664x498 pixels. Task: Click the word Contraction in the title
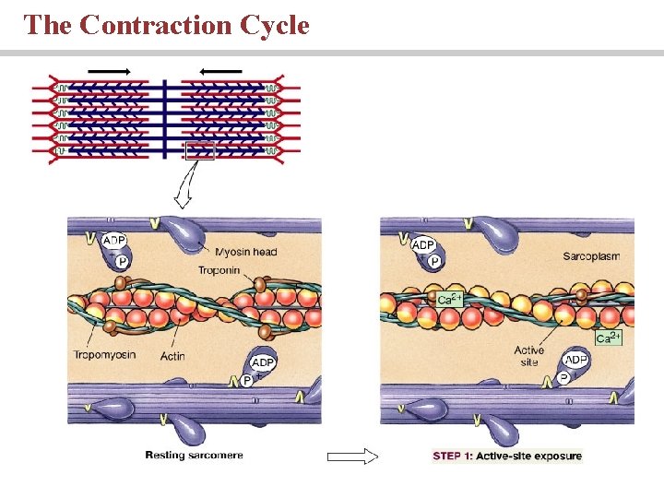pos(156,25)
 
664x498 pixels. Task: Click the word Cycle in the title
pos(274,25)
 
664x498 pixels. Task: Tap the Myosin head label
pos(245,252)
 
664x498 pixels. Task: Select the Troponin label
pos(219,270)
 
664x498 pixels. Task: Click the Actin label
pos(172,356)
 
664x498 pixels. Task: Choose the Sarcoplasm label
pos(591,255)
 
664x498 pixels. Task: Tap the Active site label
pos(529,356)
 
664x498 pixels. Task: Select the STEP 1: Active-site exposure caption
pos(507,456)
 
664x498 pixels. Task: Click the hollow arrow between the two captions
pos(353,456)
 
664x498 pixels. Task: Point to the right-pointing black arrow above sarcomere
pos(108,70)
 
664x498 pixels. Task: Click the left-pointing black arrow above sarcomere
pos(220,70)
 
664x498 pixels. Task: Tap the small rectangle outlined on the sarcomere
pos(200,150)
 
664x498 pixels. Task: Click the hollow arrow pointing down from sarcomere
pos(182,191)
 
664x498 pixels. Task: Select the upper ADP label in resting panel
pos(113,241)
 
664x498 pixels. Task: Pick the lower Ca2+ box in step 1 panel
pos(609,338)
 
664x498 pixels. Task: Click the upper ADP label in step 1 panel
pos(423,244)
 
